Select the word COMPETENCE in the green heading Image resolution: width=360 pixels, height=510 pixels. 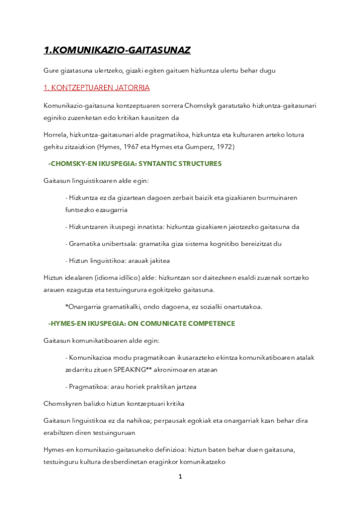206,323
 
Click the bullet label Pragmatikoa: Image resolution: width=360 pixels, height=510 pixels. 88,386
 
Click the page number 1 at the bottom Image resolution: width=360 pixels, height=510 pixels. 180,477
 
